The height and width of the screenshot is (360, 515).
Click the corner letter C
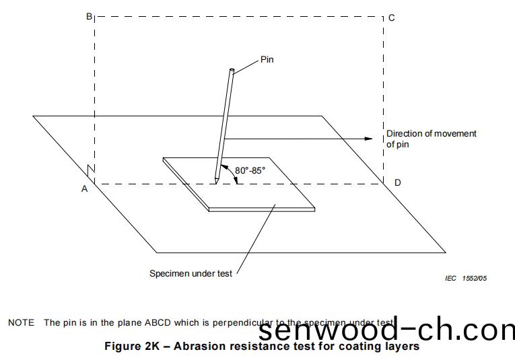pos(392,17)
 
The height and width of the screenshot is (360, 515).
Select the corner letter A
pos(85,189)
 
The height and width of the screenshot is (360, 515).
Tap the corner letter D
pos(398,183)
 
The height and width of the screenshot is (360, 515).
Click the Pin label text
pos(267,60)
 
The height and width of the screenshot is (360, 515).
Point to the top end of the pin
pos(232,71)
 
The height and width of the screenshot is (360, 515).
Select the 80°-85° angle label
pos(251,170)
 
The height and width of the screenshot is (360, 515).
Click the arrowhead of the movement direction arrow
pos(368,139)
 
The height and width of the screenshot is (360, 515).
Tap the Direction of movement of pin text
pos(431,139)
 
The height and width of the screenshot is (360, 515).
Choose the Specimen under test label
pos(190,274)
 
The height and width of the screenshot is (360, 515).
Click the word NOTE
pos(21,322)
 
